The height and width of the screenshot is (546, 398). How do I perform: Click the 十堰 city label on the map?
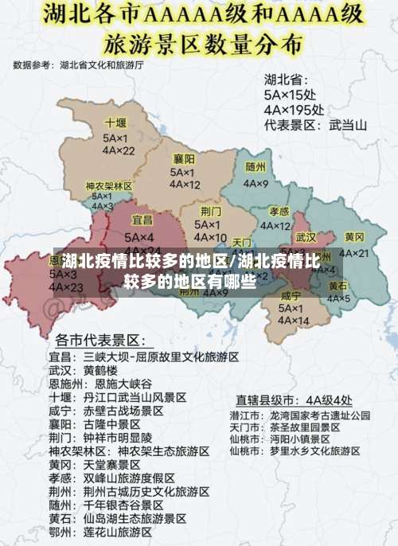point(115,123)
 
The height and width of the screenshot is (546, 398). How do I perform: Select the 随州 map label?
point(256,167)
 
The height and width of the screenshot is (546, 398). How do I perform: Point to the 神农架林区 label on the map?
point(109,185)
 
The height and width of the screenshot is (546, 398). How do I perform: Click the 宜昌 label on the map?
point(142,219)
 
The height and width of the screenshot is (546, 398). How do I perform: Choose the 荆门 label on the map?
point(211,211)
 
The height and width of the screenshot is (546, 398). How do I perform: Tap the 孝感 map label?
point(279,212)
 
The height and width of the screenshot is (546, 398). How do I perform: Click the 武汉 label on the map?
point(306,237)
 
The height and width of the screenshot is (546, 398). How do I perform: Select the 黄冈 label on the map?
point(354,237)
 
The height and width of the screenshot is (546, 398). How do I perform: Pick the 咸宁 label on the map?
point(291,296)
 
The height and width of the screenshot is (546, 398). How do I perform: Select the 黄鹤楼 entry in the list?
point(100,370)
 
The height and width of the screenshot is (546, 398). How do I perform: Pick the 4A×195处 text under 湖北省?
point(294,109)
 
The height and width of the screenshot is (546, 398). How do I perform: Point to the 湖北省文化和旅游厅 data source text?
point(102,65)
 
